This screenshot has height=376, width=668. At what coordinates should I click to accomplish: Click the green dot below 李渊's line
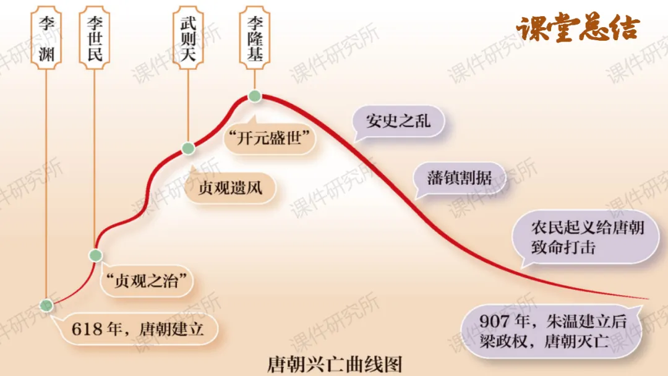coord(46,304)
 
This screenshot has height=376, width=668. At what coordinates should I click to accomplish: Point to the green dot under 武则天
coord(188,148)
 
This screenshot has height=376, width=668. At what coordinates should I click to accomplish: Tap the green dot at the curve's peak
coord(254,96)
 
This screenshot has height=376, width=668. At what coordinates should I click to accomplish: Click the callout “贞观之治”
coord(147,281)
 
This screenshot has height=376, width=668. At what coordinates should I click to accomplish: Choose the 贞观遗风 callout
coord(230,187)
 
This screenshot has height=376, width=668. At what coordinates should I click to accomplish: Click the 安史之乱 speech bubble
coord(398,121)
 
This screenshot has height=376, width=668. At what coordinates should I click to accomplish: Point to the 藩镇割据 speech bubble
coord(459,177)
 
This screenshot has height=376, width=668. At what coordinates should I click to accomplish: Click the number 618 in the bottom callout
coord(86,328)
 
